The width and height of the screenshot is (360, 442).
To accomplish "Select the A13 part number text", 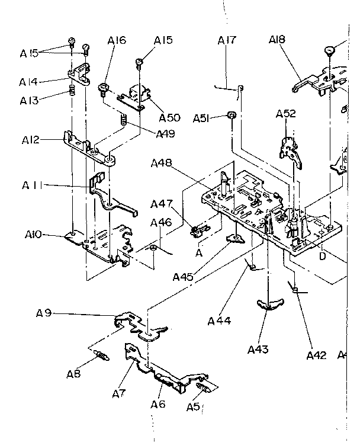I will (x=29, y=100).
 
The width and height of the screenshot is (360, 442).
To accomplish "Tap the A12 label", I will (x=31, y=140).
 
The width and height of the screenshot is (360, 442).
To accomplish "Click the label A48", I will (x=162, y=163).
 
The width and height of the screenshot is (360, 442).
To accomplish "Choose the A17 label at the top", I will (x=227, y=40).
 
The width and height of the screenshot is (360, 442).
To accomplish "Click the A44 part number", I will (x=219, y=321).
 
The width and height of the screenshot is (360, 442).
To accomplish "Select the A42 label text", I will (x=317, y=355).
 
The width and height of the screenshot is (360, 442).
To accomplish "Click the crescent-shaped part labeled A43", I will (x=269, y=305).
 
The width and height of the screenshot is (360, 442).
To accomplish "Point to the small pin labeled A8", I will (x=102, y=357).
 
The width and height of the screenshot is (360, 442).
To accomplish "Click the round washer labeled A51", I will (x=232, y=115).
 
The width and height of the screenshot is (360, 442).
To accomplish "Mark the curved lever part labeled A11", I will (x=107, y=193).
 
